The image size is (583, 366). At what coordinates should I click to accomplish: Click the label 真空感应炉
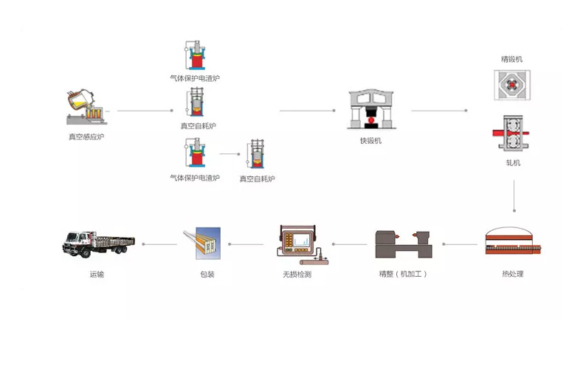[86, 137]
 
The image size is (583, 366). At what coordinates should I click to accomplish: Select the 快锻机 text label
[371, 140]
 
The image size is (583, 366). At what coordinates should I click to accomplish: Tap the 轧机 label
[512, 162]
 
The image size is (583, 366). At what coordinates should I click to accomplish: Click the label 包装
[207, 274]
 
